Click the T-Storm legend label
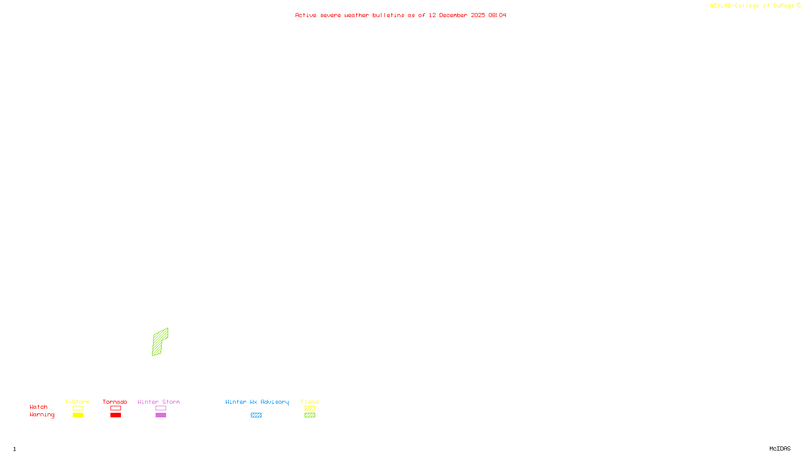pos(77,402)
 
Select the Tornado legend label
pos(115,402)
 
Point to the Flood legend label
pos(310,402)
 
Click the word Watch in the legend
pos(39,407)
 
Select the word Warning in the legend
pos(42,415)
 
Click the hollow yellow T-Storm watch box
pos(78,408)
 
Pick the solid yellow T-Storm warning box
pos(78,415)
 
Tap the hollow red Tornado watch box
pos(116,408)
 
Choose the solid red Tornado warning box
pos(116,415)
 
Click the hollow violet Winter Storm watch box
pos(161,408)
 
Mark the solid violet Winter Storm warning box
pos(161,415)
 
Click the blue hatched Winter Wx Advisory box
pos(256,415)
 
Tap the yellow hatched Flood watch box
pos(310,408)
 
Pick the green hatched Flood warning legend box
pos(310,415)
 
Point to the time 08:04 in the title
pos(497,15)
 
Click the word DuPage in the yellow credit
pos(783,6)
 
